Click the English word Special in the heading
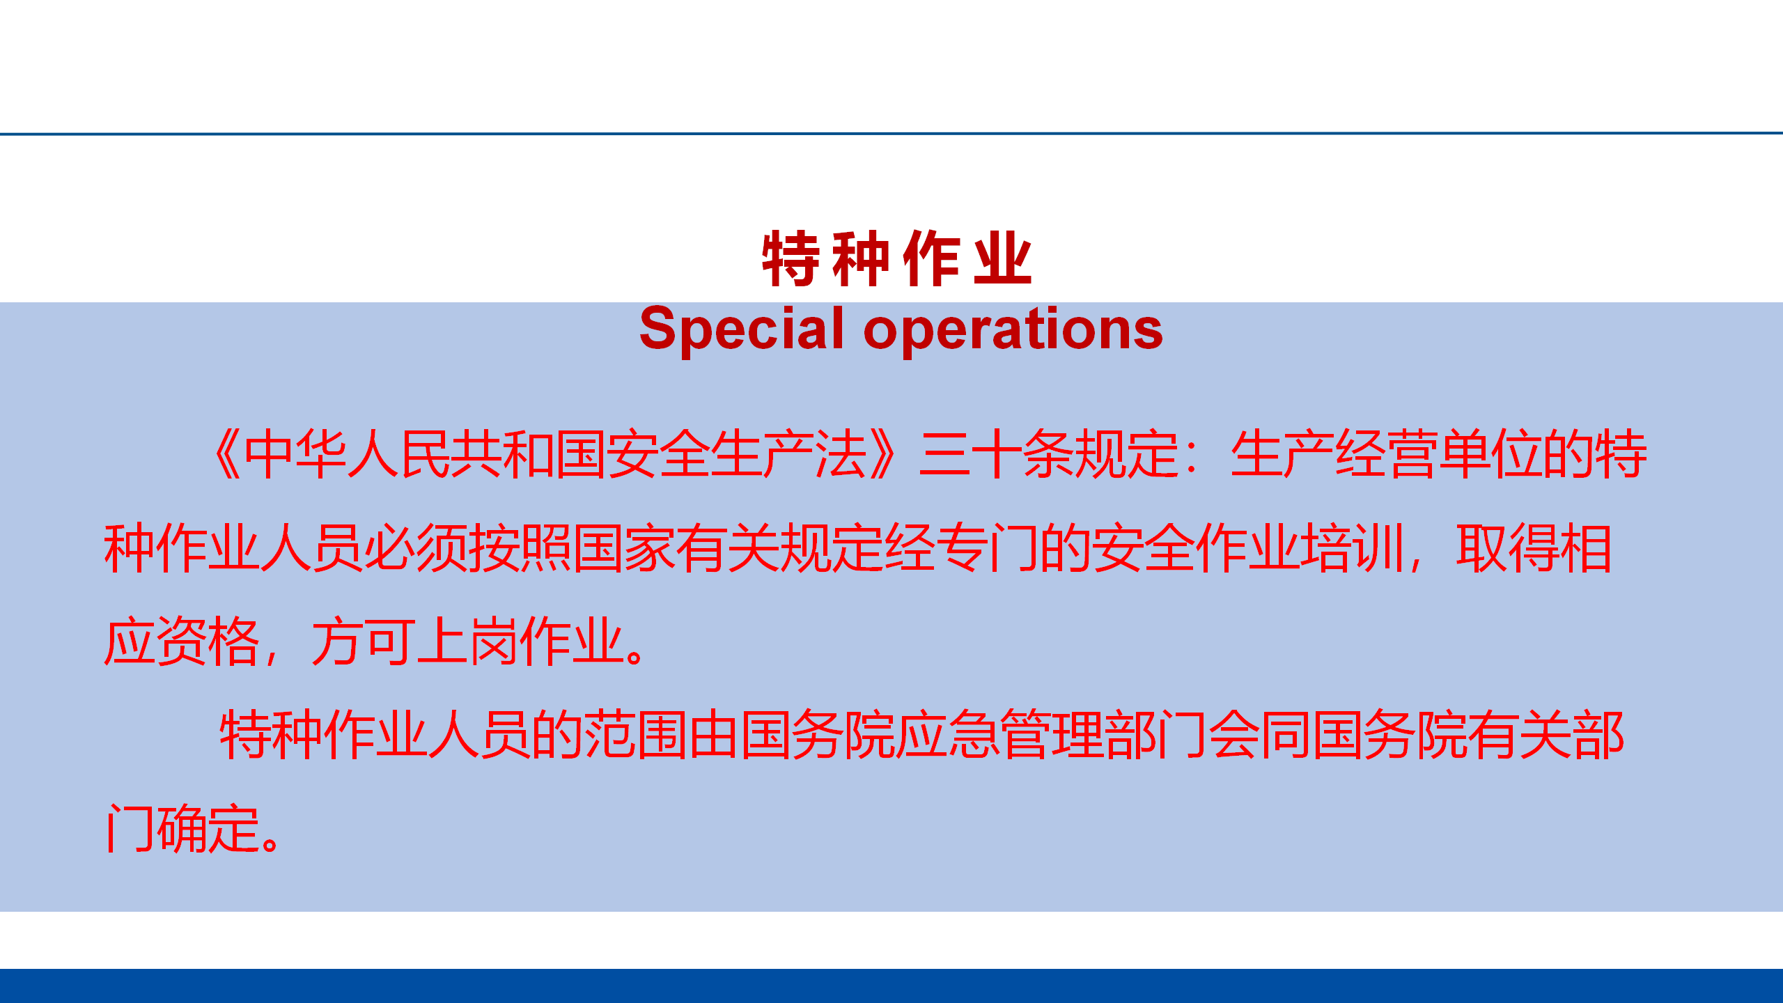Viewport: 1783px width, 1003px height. click(742, 329)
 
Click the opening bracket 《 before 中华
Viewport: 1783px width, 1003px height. click(227, 454)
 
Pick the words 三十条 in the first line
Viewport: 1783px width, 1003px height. click(997, 454)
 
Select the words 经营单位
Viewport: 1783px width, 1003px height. click(1439, 454)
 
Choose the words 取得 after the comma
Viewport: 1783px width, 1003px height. click(1508, 548)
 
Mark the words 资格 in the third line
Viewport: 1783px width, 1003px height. click(208, 642)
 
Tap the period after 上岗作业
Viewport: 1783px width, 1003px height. click(634, 655)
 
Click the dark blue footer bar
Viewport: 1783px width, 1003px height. click(891, 986)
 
